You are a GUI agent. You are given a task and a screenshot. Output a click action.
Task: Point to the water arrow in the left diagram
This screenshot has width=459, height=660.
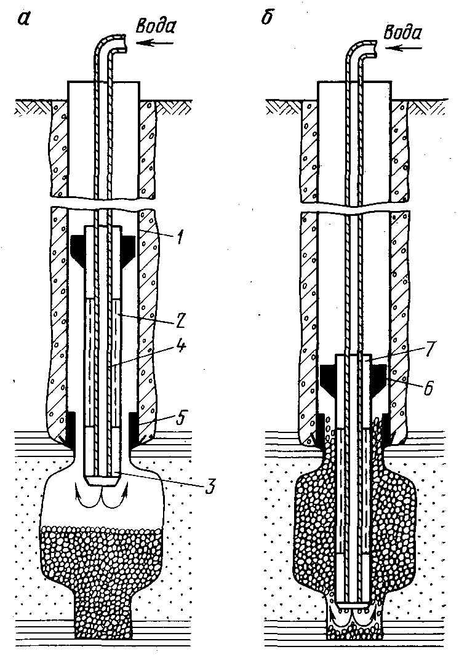150,43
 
